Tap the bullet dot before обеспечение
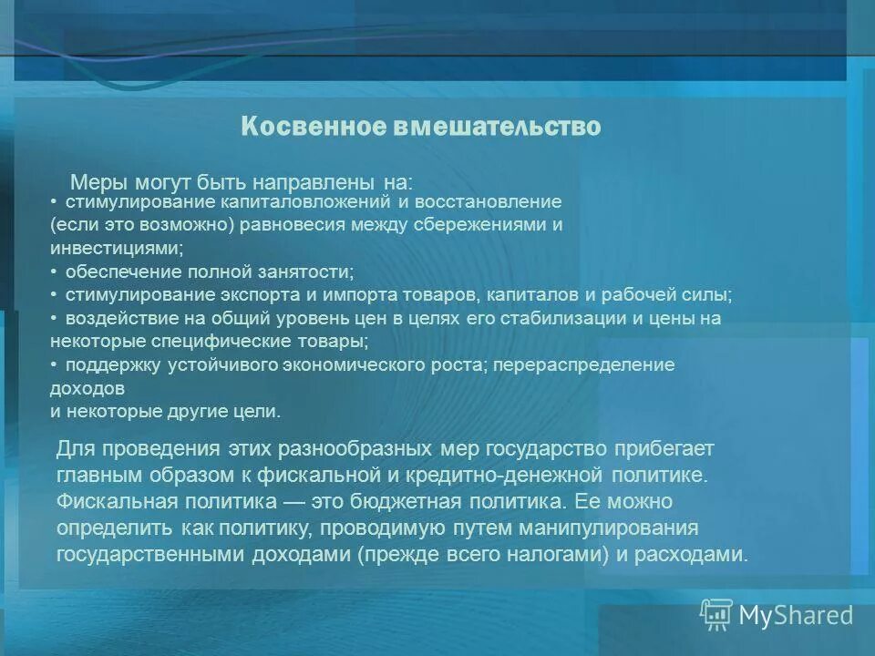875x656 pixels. tap(55, 271)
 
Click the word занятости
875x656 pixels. tap(304, 272)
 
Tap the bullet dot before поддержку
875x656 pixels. tap(55, 364)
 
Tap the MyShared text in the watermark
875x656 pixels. tap(796, 615)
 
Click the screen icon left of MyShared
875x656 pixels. tap(716, 615)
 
